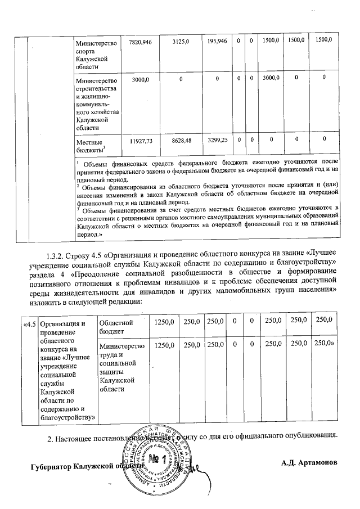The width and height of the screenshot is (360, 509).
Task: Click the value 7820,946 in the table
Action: pyautogui.click(x=140, y=42)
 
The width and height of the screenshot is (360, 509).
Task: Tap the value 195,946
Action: pyautogui.click(x=217, y=42)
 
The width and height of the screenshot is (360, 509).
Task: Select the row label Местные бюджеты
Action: pyautogui.click(x=90, y=147)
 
